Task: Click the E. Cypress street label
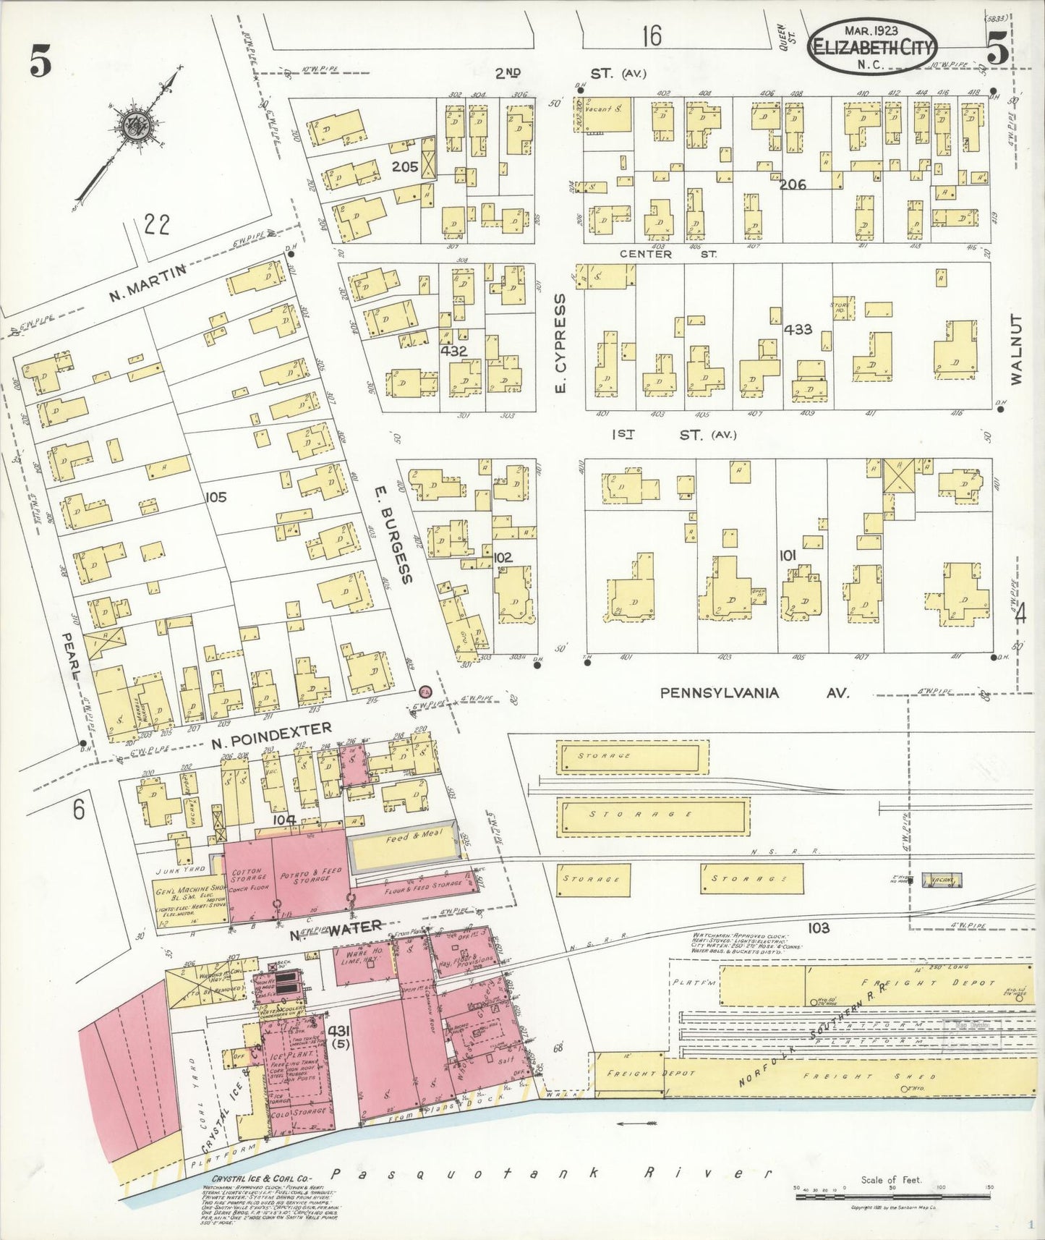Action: pyautogui.click(x=560, y=344)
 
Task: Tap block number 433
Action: pyautogui.click(x=798, y=329)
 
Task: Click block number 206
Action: pyautogui.click(x=793, y=184)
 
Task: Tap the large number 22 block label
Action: pyautogui.click(x=157, y=225)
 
